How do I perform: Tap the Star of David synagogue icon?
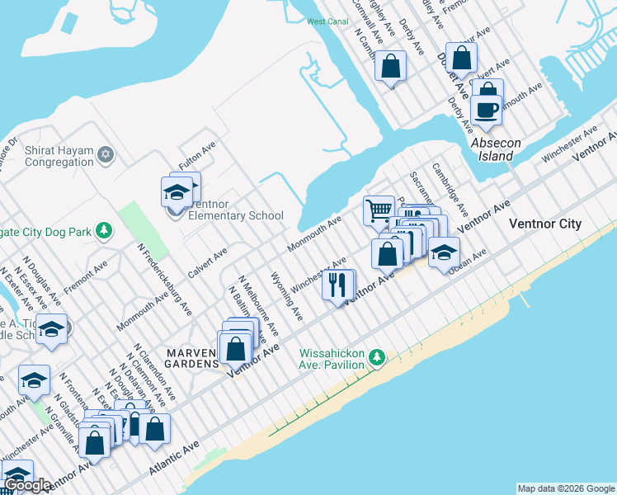(x=106, y=154)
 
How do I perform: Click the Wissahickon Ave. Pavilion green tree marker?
(x=377, y=357)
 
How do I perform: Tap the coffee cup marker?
(x=487, y=110)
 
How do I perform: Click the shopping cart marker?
(x=379, y=210)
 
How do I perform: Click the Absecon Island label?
(x=496, y=148)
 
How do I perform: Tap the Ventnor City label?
(x=545, y=224)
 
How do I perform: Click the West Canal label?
(x=327, y=21)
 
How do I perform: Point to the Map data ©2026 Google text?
(x=566, y=488)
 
